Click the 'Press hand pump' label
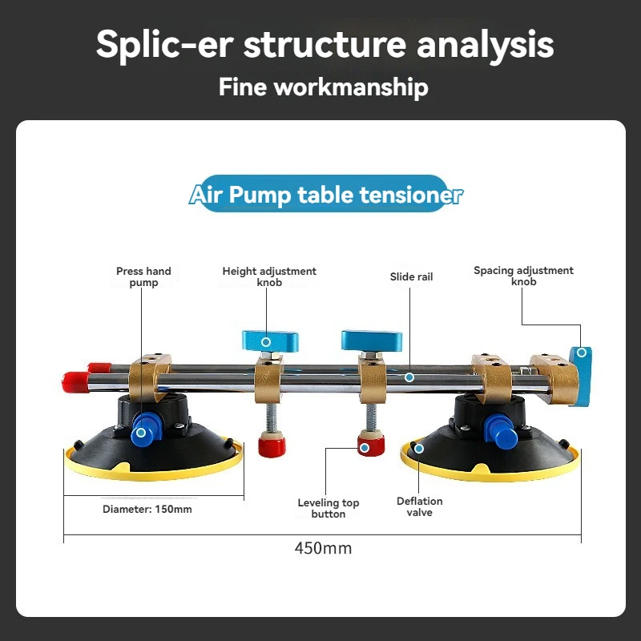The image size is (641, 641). coord(143,276)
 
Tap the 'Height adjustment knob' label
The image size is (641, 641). coord(269,276)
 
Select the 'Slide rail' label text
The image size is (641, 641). coord(411,276)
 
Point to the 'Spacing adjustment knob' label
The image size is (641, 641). coord(523,276)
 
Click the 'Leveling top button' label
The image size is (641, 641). coord(329,508)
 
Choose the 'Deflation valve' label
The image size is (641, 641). coord(419,506)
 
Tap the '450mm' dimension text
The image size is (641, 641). coord(323,548)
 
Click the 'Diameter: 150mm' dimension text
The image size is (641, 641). coord(147,509)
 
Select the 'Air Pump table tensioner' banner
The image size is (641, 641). coord(325,195)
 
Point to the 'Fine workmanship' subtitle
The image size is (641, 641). coord(323,87)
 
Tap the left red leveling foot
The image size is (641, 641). coord(270,444)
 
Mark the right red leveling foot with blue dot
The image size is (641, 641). coord(366,446)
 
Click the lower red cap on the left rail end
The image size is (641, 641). coord(74,381)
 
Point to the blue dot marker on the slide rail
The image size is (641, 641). coord(409,377)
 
